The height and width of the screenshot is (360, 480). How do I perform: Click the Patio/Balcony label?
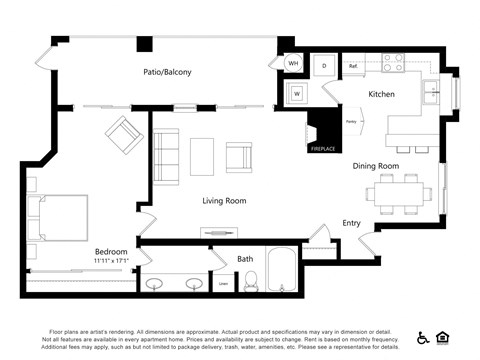pyautogui.click(x=167, y=72)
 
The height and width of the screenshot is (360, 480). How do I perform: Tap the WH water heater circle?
pyautogui.click(x=294, y=64)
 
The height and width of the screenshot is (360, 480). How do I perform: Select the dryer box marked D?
pyautogui.click(x=323, y=64)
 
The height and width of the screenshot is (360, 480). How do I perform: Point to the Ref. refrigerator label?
pyautogui.click(x=353, y=66)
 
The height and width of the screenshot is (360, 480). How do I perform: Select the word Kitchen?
pyautogui.click(x=381, y=94)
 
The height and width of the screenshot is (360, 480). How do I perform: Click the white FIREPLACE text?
pyautogui.click(x=322, y=149)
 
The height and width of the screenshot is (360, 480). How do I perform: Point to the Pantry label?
pyautogui.click(x=351, y=122)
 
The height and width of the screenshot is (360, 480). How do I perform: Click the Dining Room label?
pyautogui.click(x=375, y=166)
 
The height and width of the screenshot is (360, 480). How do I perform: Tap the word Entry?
pyautogui.click(x=351, y=223)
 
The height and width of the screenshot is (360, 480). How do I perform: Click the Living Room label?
pyautogui.click(x=224, y=201)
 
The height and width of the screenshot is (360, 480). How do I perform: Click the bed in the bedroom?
pyautogui.click(x=60, y=219)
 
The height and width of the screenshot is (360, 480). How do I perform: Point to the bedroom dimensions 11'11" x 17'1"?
pyautogui.click(x=111, y=262)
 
